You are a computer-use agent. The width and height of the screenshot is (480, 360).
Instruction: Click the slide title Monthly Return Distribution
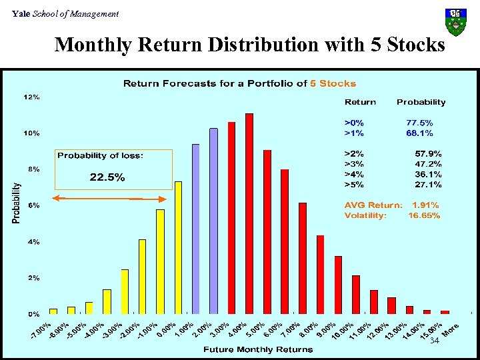click(x=249, y=45)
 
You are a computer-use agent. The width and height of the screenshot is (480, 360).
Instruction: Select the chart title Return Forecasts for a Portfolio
click(x=239, y=83)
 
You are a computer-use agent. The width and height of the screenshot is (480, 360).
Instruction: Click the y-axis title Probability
click(x=15, y=203)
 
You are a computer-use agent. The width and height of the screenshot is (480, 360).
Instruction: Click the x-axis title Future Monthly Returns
click(x=257, y=349)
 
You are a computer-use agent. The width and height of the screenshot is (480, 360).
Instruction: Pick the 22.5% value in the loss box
click(x=107, y=177)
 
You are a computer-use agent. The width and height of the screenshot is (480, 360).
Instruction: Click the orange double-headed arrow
click(x=109, y=199)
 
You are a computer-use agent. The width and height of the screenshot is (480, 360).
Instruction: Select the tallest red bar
click(x=249, y=213)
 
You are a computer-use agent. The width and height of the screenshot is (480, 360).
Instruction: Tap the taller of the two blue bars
click(x=214, y=220)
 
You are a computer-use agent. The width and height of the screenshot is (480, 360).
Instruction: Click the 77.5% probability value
click(x=419, y=123)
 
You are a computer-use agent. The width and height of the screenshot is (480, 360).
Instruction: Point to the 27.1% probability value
click(x=428, y=184)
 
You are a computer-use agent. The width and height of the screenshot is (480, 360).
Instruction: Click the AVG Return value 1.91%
click(x=426, y=205)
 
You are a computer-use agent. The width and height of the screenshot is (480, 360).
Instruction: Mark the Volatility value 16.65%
click(x=424, y=215)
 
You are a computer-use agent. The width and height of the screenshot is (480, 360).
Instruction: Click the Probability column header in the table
click(x=421, y=102)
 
